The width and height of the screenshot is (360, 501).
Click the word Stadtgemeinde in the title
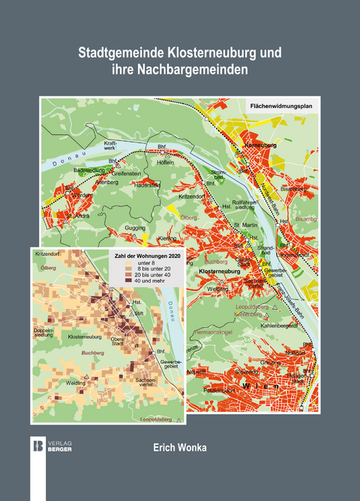[121, 54]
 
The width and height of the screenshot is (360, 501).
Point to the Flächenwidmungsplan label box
[280, 107]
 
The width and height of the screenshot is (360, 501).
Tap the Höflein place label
[163, 162]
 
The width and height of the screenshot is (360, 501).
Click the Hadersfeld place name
[147, 184]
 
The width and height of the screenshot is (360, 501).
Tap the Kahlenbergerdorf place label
[280, 326]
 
